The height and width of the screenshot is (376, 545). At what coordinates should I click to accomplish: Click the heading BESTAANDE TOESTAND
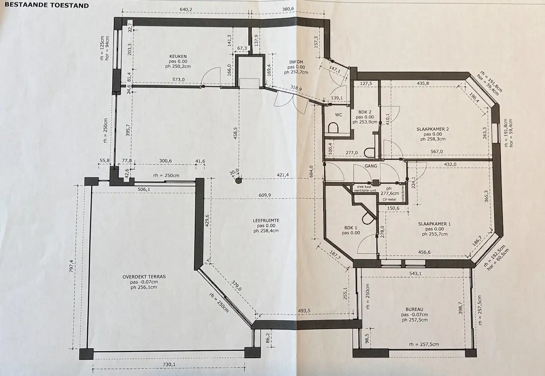(47, 5)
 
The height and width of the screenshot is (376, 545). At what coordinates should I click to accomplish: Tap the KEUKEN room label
(178, 56)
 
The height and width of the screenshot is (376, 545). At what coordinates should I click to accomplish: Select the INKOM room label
(296, 62)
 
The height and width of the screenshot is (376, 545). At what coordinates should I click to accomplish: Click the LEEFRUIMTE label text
(266, 221)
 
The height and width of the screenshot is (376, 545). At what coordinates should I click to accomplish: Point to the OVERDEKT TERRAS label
(144, 277)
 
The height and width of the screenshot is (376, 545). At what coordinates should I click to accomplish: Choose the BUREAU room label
(414, 309)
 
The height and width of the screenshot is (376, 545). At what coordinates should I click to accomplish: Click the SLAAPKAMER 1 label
(434, 224)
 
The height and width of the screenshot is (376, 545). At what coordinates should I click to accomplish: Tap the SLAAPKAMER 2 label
(433, 129)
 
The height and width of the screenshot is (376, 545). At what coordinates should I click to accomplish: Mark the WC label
(338, 115)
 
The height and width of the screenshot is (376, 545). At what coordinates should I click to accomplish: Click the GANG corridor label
(370, 166)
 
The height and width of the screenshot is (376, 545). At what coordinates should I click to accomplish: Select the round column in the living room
(239, 181)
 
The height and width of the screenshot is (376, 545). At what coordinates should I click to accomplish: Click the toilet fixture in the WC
(333, 128)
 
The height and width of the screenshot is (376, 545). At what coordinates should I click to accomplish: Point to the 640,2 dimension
(186, 9)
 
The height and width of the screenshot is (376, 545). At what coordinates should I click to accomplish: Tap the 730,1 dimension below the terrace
(169, 364)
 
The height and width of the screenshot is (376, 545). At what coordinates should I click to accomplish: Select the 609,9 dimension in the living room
(265, 195)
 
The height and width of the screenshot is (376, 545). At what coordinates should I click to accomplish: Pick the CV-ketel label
(389, 199)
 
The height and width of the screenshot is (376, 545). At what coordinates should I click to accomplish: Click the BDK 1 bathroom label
(351, 228)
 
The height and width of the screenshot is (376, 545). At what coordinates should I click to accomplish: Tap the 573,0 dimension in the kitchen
(178, 79)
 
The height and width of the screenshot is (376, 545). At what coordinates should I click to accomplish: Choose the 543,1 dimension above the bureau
(415, 274)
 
